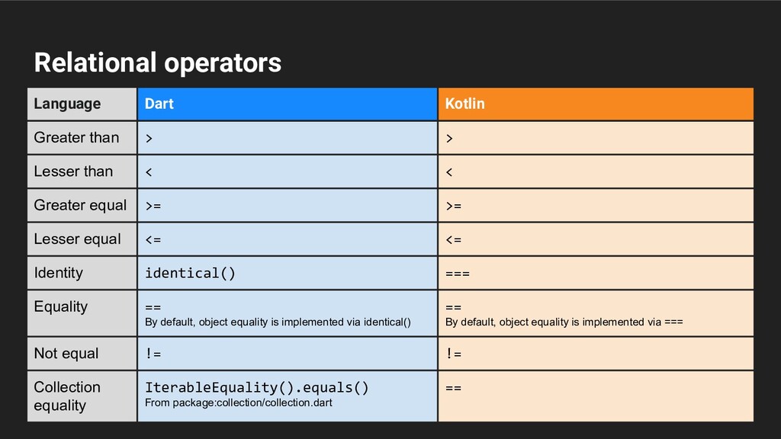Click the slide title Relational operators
coord(157,62)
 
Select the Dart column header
coord(159,104)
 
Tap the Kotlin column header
coord(464,104)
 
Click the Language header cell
coord(67,104)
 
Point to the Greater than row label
coord(76,138)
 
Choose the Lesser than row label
coord(73,171)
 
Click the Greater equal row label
coord(80,205)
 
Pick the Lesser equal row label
coord(77,239)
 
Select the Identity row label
coord(59,273)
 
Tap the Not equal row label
coord(66,354)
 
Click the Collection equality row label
coord(67,396)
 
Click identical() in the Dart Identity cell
coord(190,273)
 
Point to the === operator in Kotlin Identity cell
coord(457,274)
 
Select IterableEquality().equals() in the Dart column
coord(257,387)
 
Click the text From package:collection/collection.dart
coord(239,402)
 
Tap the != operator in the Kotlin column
coord(453,354)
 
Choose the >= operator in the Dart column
coord(153,206)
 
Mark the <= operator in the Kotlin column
coord(453,239)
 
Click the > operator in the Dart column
coord(149,138)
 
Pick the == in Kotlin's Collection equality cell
coord(453,388)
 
